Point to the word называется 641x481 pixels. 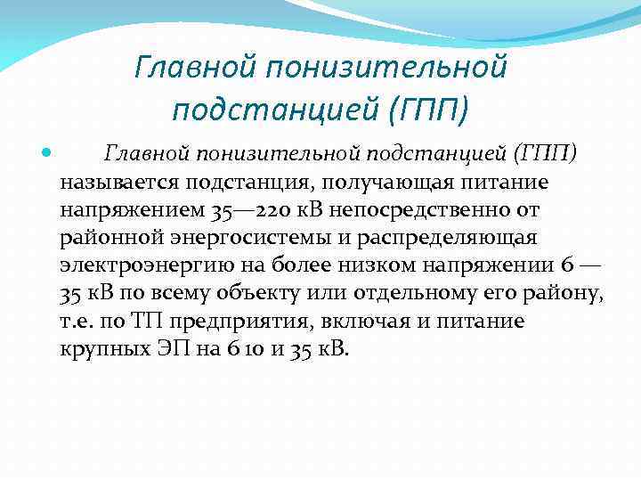[x=118, y=183]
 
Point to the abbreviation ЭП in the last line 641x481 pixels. [x=172, y=349]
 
